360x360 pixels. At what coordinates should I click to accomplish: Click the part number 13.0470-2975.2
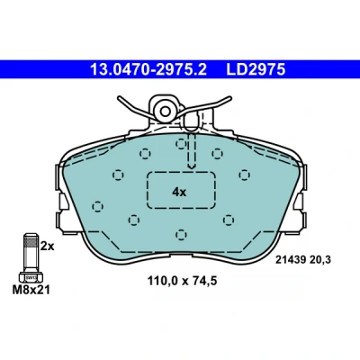click(148, 70)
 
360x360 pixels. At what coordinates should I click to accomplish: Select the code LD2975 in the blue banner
click(256, 70)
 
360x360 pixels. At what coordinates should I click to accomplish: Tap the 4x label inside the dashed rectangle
click(179, 192)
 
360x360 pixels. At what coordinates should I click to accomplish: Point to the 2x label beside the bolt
click(48, 247)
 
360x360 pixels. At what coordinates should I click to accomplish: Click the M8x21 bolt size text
click(31, 290)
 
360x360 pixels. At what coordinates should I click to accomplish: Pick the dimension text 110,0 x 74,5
click(182, 281)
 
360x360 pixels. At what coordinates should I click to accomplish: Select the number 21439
click(291, 259)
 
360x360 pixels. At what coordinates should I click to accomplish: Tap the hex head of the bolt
click(31, 277)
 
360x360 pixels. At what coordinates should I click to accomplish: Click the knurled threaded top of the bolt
click(31, 241)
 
